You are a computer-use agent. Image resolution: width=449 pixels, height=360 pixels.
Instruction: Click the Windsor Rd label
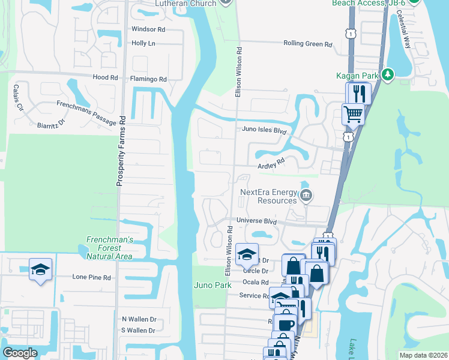click(x=148, y=29)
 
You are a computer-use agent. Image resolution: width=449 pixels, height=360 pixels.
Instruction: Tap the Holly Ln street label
click(x=143, y=43)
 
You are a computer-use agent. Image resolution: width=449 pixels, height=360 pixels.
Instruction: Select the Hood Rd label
click(x=105, y=78)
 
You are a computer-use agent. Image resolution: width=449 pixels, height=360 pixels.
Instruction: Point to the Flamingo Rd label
click(x=148, y=79)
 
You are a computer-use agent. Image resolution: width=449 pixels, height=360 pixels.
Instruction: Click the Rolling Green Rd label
click(x=308, y=44)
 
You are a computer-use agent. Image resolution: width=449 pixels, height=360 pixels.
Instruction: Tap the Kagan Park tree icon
click(x=388, y=74)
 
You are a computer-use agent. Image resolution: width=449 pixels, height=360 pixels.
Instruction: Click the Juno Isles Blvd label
click(x=264, y=130)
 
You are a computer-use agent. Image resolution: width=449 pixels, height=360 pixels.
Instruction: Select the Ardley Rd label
click(x=270, y=163)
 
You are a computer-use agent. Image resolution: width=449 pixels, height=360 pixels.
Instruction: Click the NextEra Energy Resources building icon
click(x=306, y=194)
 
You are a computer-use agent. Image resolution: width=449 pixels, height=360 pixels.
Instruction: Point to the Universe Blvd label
click(x=256, y=221)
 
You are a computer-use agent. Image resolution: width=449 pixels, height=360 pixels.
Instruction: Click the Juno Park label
click(x=212, y=285)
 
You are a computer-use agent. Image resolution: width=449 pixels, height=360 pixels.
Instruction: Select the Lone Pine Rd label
click(x=92, y=278)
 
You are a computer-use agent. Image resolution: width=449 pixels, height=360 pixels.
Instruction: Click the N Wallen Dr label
click(x=139, y=319)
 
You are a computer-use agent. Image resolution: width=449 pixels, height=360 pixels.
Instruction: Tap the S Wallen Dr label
click(x=139, y=331)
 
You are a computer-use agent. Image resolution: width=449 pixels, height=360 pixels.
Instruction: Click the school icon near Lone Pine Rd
click(x=41, y=269)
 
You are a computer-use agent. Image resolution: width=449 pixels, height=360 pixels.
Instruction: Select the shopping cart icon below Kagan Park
click(x=353, y=113)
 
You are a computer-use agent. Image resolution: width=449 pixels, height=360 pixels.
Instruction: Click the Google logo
click(x=20, y=353)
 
